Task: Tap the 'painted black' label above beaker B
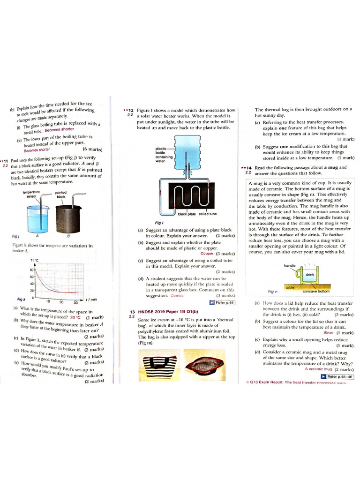(x=61, y=195)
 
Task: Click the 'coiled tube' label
(x=208, y=214)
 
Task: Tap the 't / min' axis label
(x=91, y=299)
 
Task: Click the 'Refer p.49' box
(x=222, y=302)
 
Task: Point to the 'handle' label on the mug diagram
(x=290, y=266)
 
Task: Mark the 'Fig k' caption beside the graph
(x=14, y=300)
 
